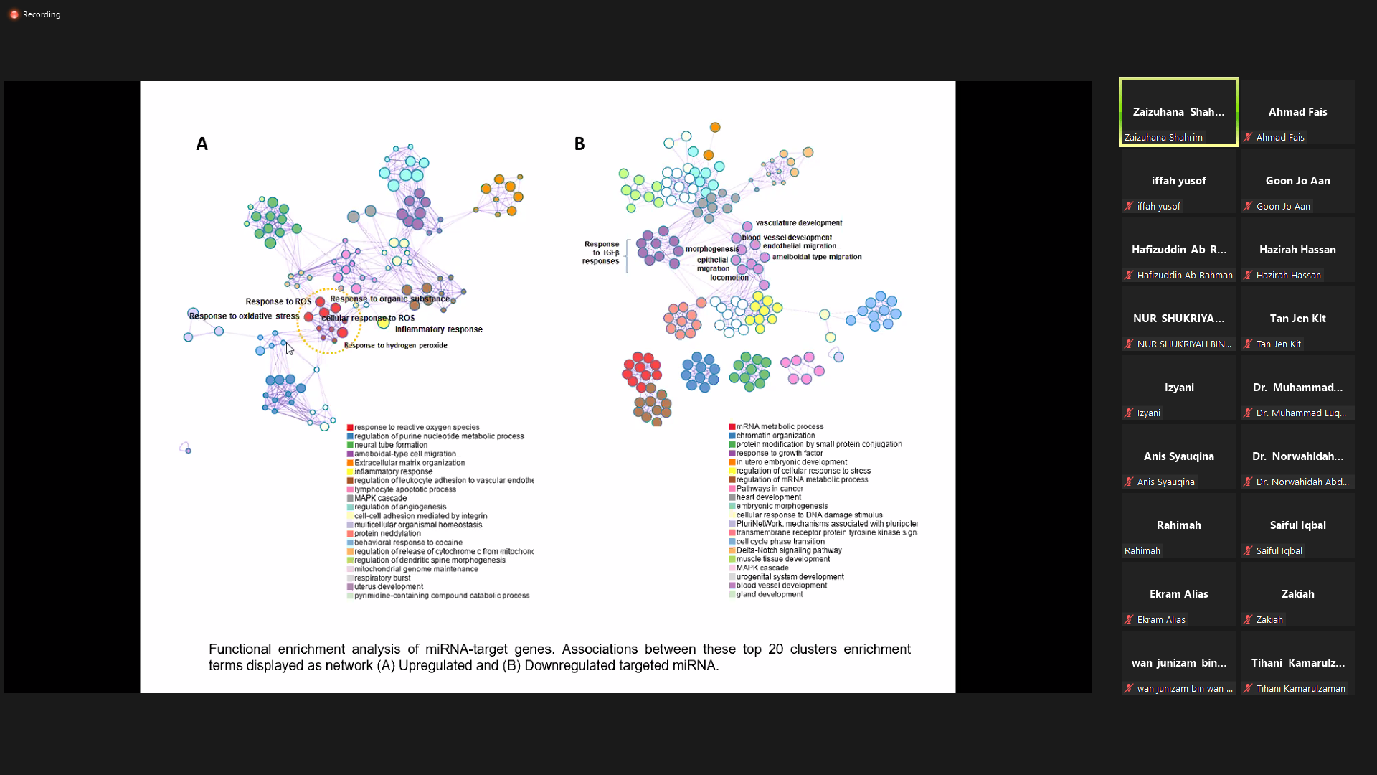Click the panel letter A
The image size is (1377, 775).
click(x=202, y=144)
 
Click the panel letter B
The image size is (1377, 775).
click(x=579, y=144)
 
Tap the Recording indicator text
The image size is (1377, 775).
click(x=42, y=14)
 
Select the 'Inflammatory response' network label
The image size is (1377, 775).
click(x=438, y=329)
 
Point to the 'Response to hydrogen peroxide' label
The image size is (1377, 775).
click(x=396, y=346)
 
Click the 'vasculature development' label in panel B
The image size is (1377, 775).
click(x=799, y=223)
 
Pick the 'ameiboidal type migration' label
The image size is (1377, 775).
click(x=817, y=257)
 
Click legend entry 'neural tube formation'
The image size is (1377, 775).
click(x=391, y=445)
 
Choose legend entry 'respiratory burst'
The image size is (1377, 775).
click(x=382, y=578)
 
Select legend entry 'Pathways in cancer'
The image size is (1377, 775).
click(x=770, y=489)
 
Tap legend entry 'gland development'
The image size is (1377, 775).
click(x=770, y=595)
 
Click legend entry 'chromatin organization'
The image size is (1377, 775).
click(x=775, y=436)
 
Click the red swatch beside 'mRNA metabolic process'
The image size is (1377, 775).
click(x=732, y=427)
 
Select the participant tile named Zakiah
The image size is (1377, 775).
click(x=1297, y=594)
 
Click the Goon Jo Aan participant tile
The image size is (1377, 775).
click(x=1297, y=181)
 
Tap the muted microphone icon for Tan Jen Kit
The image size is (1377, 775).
click(x=1249, y=344)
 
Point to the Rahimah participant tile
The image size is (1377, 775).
click(x=1178, y=525)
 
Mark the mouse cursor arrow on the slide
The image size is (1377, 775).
click(x=289, y=348)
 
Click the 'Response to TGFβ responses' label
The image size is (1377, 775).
click(x=601, y=253)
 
